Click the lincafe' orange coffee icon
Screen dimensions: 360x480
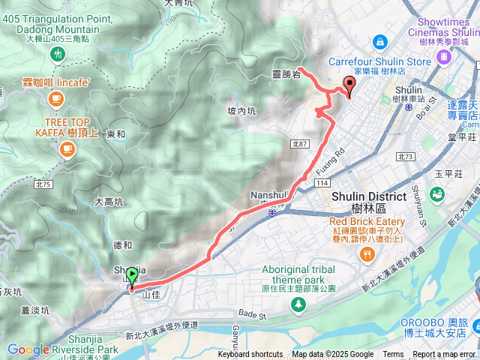point(55,98)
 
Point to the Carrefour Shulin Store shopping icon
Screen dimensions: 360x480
point(380,41)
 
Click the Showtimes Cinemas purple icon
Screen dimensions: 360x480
point(445,55)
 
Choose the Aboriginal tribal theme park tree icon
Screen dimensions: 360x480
point(298,304)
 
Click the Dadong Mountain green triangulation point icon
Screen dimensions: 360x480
point(58,54)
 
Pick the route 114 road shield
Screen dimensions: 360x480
point(323,183)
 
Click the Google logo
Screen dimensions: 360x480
point(28,349)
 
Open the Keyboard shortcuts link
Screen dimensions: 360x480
point(250,355)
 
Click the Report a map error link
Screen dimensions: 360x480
point(445,355)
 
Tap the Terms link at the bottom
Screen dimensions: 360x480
point(393,355)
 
